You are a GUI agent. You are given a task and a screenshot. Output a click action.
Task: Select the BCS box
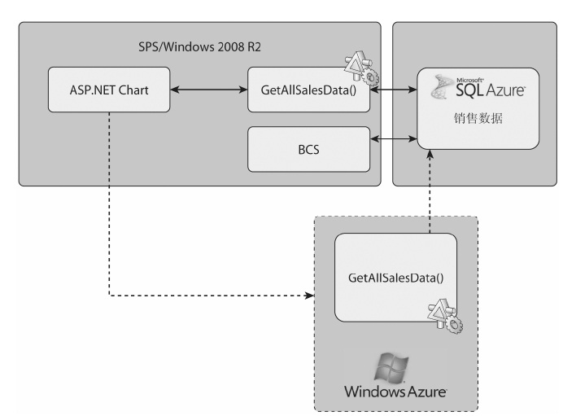click(x=308, y=150)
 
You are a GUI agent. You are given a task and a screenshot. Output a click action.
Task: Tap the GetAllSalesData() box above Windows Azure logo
click(x=395, y=278)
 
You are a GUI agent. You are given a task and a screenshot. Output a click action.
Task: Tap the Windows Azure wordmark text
click(x=395, y=392)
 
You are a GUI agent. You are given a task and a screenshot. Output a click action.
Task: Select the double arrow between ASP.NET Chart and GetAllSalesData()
click(x=209, y=81)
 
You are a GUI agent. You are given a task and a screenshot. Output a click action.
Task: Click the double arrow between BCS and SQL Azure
click(x=393, y=141)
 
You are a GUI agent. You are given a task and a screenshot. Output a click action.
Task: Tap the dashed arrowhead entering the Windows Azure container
click(x=310, y=296)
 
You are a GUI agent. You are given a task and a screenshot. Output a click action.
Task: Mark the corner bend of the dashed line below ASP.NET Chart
click(x=108, y=296)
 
